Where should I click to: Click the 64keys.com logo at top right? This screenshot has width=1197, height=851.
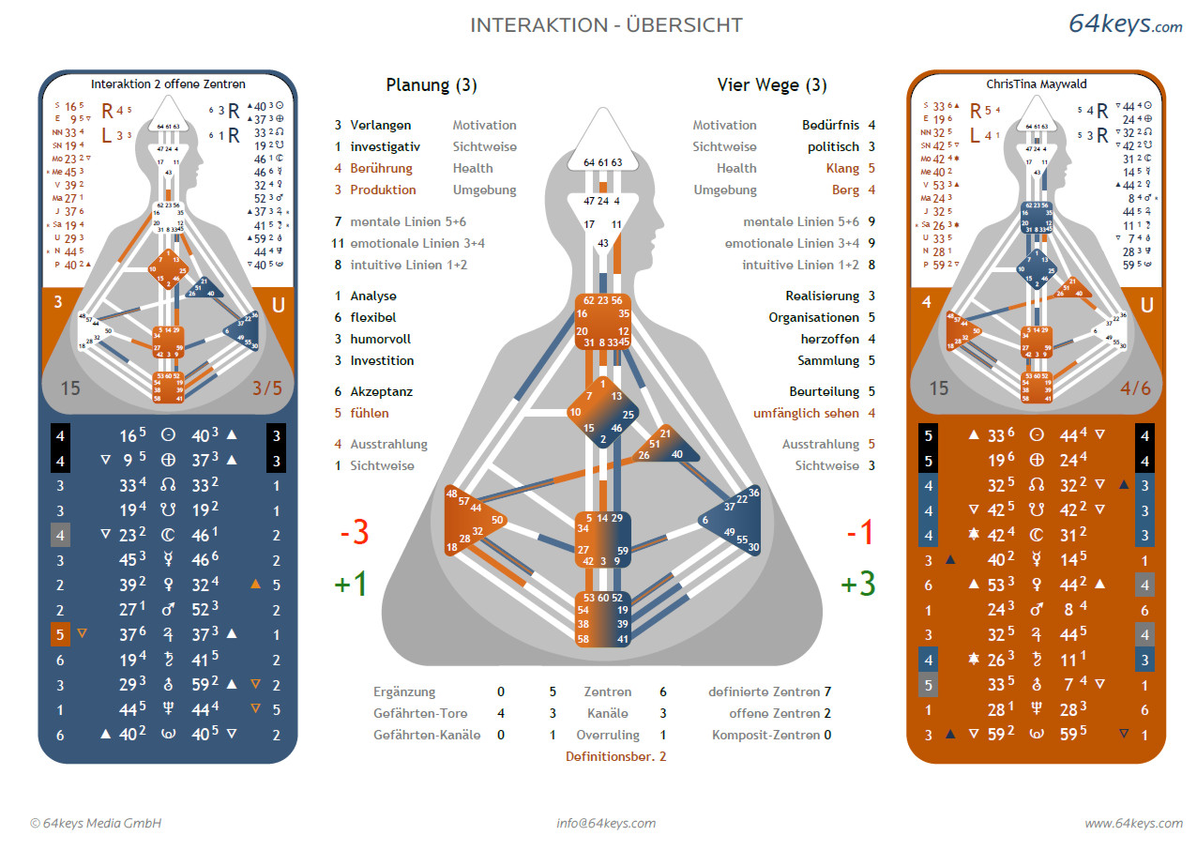[x=1125, y=24]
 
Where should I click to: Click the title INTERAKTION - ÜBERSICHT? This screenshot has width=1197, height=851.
[x=606, y=25]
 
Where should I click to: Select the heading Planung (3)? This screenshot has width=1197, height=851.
[x=432, y=85]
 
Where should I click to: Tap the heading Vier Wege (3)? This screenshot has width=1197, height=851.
[x=772, y=85]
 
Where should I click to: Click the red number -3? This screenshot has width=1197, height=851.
[x=353, y=533]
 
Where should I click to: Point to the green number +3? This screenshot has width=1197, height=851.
[x=858, y=584]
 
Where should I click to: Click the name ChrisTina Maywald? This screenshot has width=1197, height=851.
[x=1036, y=84]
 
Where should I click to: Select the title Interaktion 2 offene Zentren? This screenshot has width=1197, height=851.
[x=168, y=84]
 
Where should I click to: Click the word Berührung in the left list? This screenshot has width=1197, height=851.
[x=381, y=168]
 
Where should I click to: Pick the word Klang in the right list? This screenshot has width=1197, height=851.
[x=842, y=168]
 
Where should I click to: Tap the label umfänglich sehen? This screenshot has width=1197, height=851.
[x=806, y=413]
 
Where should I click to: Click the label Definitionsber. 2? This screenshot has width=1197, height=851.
[x=615, y=756]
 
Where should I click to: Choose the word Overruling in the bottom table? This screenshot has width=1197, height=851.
[x=607, y=736]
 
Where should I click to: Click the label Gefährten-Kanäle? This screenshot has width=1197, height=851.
[x=427, y=736]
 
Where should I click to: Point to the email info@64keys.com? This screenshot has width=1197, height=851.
[x=606, y=823]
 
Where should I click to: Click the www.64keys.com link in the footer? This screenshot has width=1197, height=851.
[x=1133, y=823]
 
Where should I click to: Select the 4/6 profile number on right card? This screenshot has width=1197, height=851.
[x=1136, y=388]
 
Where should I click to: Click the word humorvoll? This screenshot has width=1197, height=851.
[x=380, y=339]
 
